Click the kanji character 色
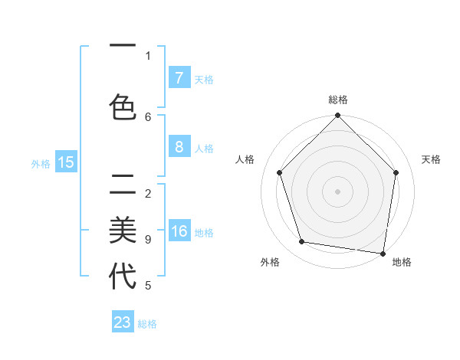tap(123, 107)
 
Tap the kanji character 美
tap(123, 231)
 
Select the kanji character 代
tap(123, 277)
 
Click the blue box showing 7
tap(179, 78)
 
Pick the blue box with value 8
tap(179, 148)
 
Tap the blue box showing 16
tap(179, 232)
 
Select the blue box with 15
tap(65, 162)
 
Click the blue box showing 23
tap(123, 322)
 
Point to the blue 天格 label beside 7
tap(204, 79)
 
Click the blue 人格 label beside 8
tap(204, 149)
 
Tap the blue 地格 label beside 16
tap(204, 233)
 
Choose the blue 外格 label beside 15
tap(41, 163)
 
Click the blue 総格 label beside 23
tap(148, 323)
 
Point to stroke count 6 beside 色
tap(148, 116)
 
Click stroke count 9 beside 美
tap(148, 240)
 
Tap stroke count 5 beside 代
tap(148, 286)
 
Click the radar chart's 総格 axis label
tap(338, 100)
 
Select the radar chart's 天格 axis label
tap(431, 159)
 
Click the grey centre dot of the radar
tap(337, 191)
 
